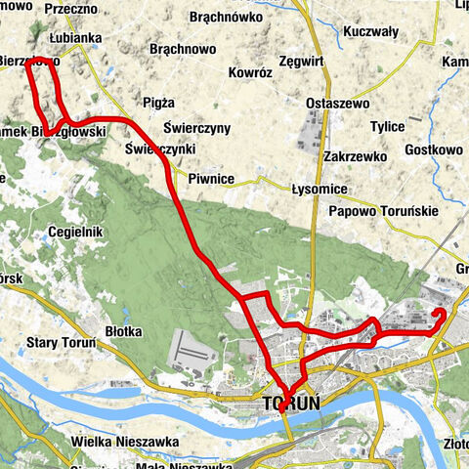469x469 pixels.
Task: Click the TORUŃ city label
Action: click(x=293, y=402)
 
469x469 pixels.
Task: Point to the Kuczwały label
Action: click(x=370, y=32)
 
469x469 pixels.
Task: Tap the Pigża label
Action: click(x=157, y=102)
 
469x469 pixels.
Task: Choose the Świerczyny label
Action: click(x=197, y=128)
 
